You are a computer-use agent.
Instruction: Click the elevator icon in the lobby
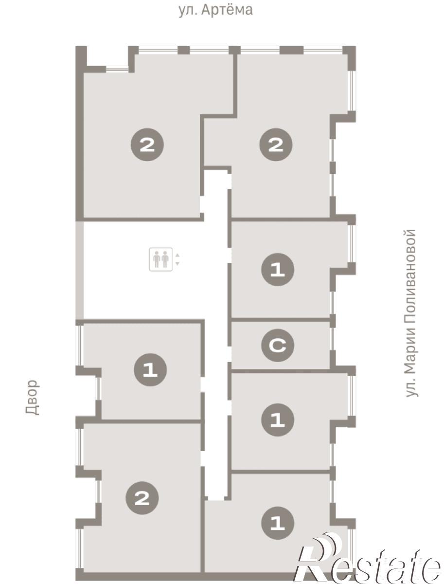161,259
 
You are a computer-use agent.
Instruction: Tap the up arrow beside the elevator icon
178,255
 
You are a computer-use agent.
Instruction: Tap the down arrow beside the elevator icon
178,263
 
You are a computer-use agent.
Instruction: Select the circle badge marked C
278,346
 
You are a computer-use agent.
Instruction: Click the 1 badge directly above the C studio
278,270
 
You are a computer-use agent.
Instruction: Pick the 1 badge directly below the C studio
278,420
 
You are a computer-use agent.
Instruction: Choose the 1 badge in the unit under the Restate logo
278,523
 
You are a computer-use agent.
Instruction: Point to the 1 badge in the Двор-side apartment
150,370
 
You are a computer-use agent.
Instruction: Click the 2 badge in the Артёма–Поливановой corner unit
276,145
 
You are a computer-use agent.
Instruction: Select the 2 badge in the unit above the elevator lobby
147,145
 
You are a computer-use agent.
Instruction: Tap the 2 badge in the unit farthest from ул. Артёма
142,498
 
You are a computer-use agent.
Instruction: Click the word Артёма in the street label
227,10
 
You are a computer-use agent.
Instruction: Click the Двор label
33,397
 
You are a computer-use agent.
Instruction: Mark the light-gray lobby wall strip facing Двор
79,270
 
